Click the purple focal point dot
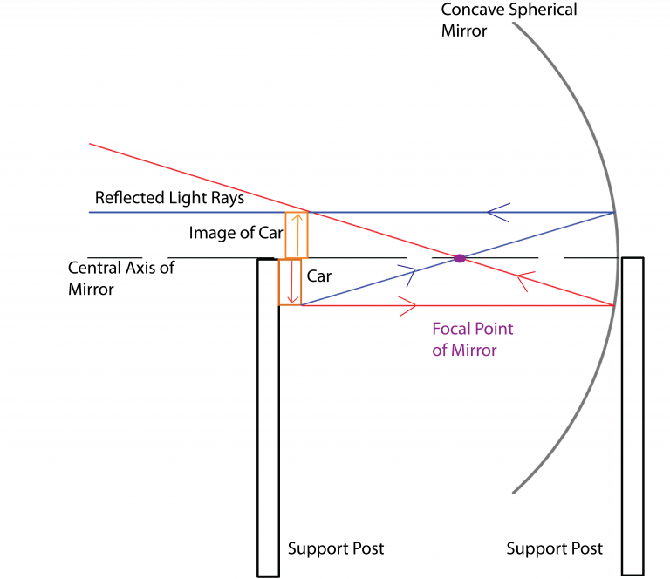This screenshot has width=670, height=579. (459, 257)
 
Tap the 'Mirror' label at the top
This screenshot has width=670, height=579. (463, 31)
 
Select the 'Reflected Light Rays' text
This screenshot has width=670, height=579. (169, 198)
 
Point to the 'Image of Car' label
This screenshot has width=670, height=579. (235, 233)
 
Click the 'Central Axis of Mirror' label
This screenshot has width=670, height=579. (120, 277)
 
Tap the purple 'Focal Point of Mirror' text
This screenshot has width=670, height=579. (472, 339)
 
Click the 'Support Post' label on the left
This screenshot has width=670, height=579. (336, 548)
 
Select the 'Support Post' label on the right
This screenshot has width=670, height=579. (555, 548)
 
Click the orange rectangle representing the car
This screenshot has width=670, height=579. (290, 282)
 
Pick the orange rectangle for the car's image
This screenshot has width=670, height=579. (297, 235)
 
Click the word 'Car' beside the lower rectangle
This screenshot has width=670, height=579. (319, 276)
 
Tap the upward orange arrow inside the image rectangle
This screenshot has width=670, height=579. (297, 234)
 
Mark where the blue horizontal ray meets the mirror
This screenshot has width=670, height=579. (614, 212)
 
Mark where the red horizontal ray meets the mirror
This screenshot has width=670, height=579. (613, 305)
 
